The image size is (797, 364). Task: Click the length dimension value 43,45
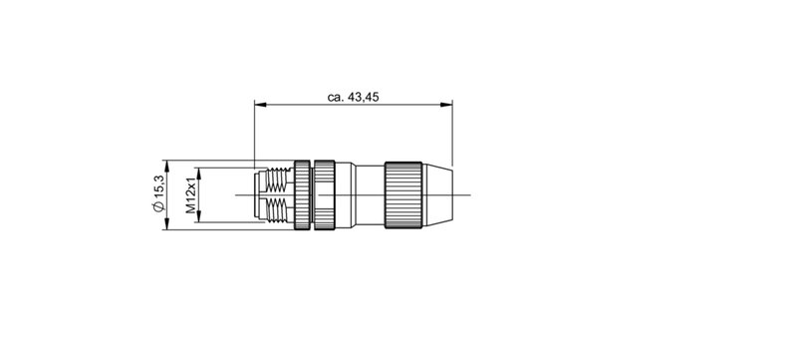pos(365,97)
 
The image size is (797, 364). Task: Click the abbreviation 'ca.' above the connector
pos(336,97)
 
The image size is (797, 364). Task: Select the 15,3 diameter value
pos(157,187)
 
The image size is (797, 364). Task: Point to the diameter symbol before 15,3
pos(157,206)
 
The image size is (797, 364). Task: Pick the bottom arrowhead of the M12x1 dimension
pos(200,219)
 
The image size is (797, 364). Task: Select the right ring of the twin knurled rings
pos(325,195)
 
